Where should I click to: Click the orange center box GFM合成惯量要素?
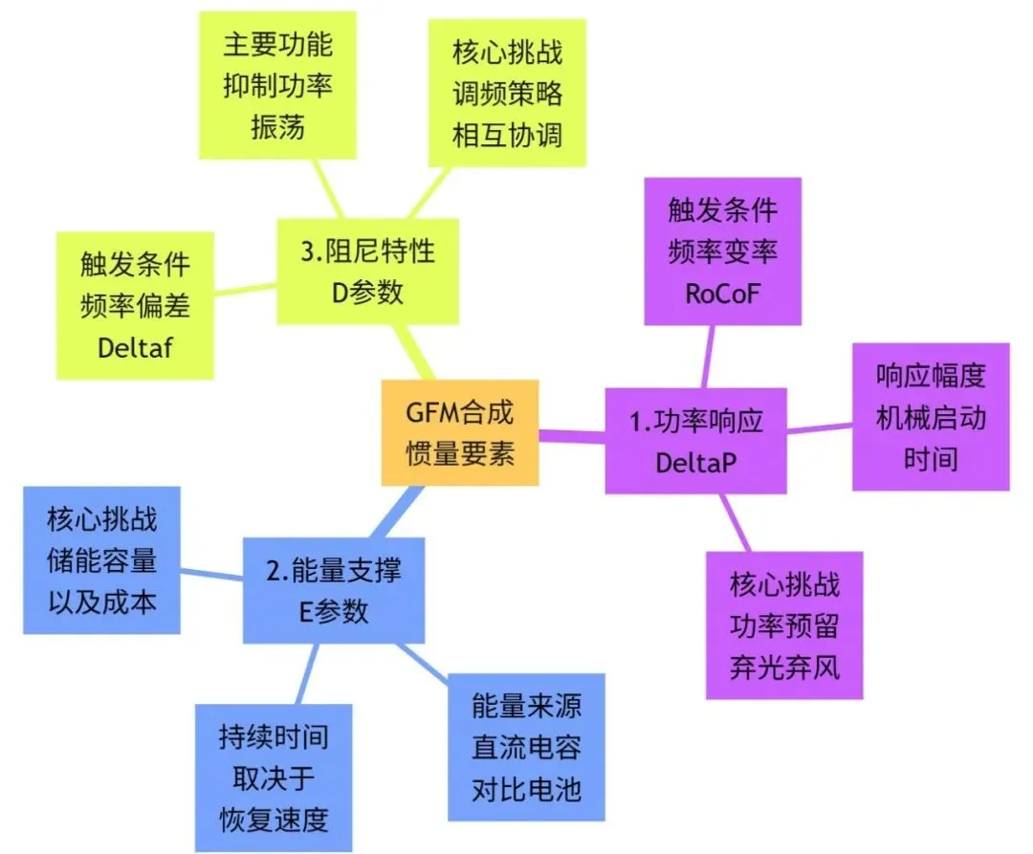click(x=460, y=433)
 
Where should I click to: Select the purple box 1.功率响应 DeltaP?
click(x=695, y=441)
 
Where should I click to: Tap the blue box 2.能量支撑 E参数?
click(x=333, y=590)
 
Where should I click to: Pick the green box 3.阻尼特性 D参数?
click(x=367, y=271)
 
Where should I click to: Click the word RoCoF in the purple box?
click(x=722, y=294)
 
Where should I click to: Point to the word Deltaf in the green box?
click(x=135, y=346)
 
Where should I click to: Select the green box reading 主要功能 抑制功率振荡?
click(x=277, y=85)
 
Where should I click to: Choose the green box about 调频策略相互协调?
click(x=507, y=94)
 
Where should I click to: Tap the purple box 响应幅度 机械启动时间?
click(x=931, y=417)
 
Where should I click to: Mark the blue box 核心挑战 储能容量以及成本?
click(x=101, y=560)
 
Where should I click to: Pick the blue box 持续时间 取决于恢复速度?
click(x=274, y=777)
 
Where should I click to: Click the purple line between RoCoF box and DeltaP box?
click(x=709, y=356)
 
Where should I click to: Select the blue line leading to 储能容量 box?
click(x=211, y=574)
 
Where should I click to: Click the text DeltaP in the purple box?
click(x=695, y=462)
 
